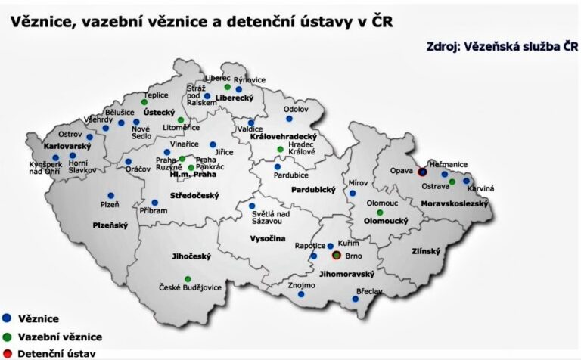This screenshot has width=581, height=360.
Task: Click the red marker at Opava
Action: (x=422, y=172)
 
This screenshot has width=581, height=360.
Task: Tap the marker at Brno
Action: (x=337, y=256)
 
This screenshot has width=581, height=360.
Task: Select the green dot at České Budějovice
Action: (x=188, y=279)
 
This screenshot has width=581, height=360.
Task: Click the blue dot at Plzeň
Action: (x=110, y=195)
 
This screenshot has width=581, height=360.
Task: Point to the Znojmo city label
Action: (x=301, y=285)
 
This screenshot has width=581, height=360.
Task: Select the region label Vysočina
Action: (x=269, y=239)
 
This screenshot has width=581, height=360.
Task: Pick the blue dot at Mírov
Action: (x=353, y=193)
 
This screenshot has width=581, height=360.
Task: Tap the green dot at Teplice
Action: (x=144, y=101)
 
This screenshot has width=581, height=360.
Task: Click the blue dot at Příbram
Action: (x=154, y=202)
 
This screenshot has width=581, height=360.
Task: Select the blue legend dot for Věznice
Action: (x=7, y=318)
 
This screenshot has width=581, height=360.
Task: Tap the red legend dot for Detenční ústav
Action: (x=7, y=353)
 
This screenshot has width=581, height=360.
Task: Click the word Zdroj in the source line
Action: (x=446, y=48)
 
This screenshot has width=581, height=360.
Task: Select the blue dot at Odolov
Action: (x=287, y=119)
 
